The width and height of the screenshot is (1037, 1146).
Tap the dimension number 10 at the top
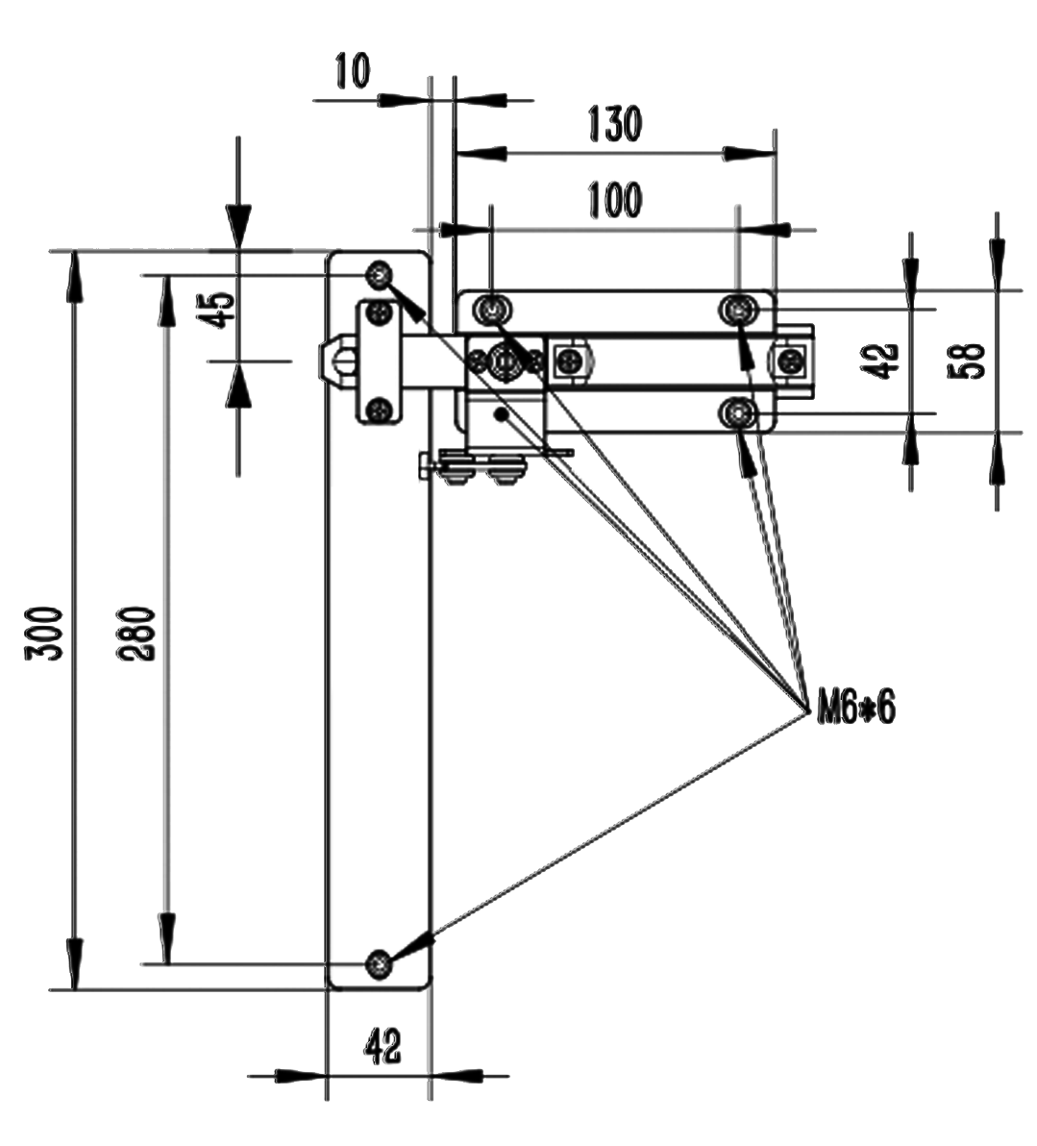pyautogui.click(x=351, y=71)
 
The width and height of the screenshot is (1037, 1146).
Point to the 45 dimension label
pyautogui.click(x=220, y=309)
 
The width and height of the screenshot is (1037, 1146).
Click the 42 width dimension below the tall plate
pyautogui.click(x=382, y=1047)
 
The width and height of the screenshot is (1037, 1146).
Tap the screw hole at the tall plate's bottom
pyautogui.click(x=382, y=962)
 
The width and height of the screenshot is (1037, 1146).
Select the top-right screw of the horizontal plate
pyautogui.click(x=738, y=310)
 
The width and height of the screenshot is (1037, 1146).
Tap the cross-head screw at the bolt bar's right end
pyautogui.click(x=790, y=361)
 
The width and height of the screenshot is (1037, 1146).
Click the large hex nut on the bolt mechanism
pyautogui.click(x=503, y=361)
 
